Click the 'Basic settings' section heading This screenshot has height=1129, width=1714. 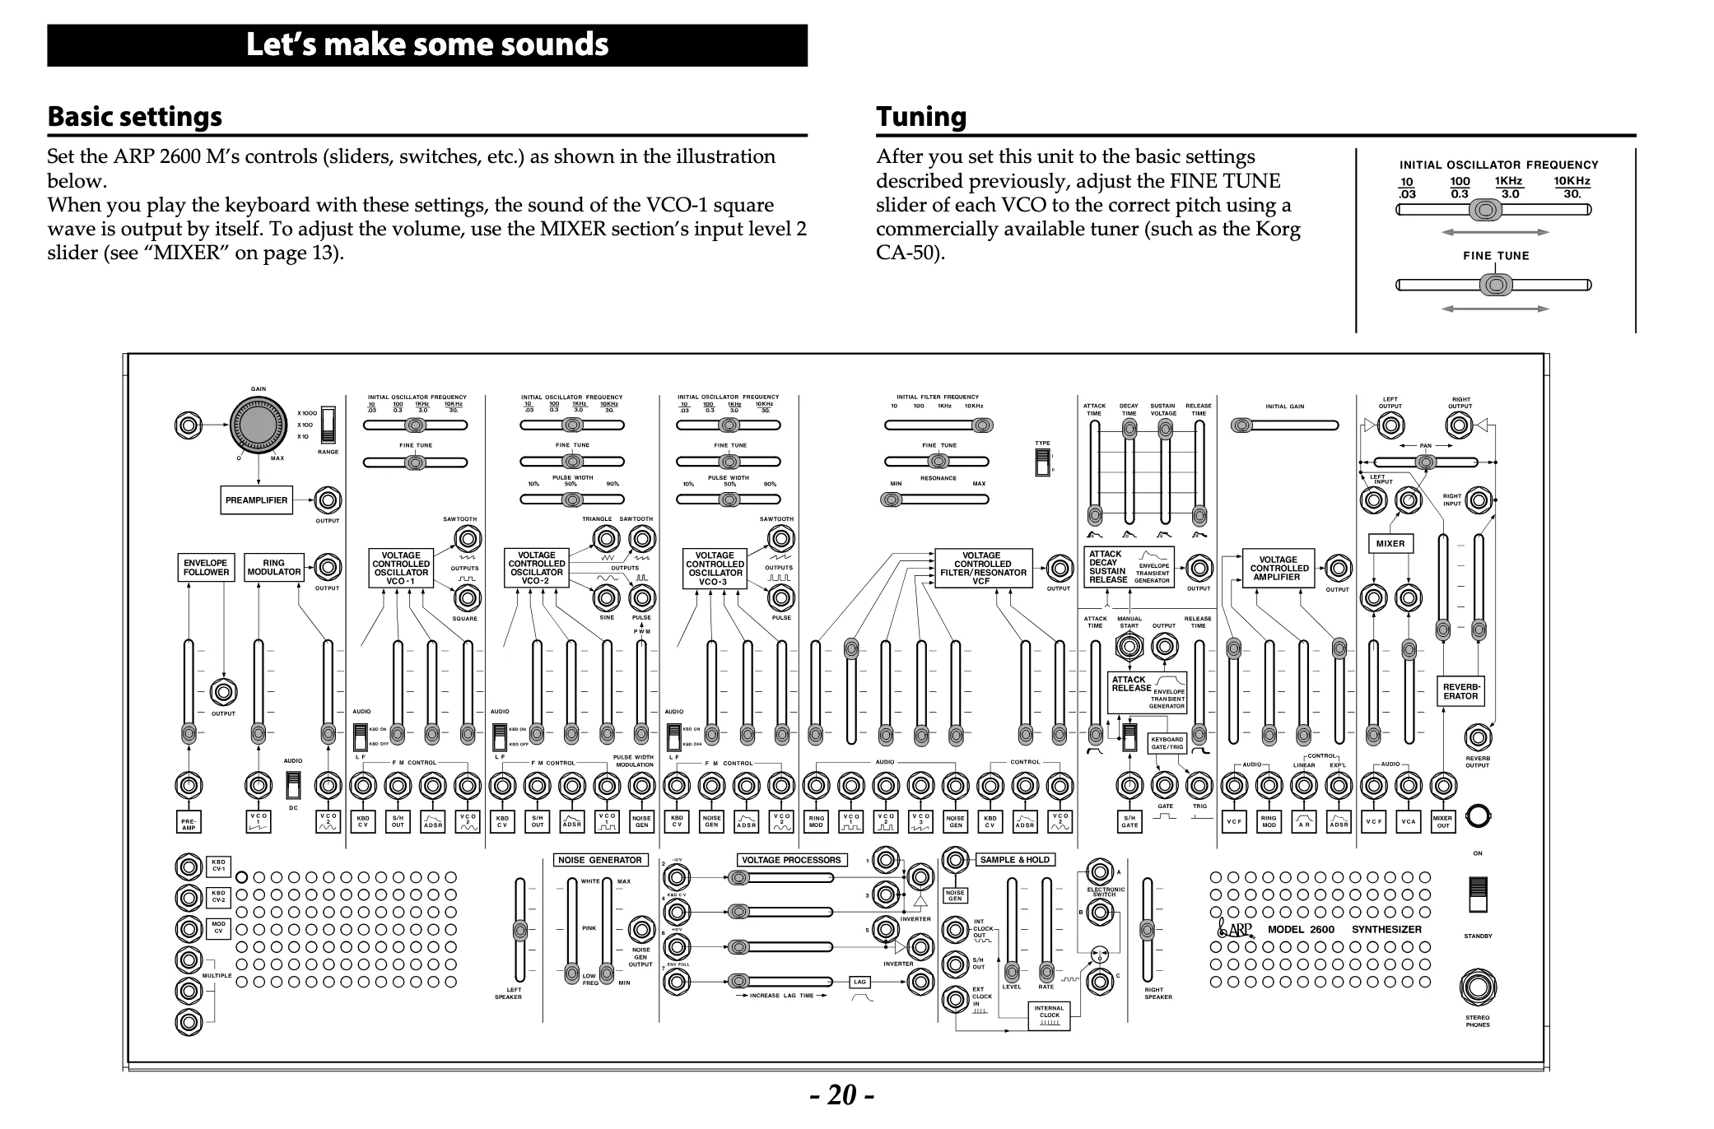click(x=134, y=117)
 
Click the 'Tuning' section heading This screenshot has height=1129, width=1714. click(x=920, y=117)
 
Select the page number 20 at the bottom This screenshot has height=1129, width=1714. click(x=841, y=1095)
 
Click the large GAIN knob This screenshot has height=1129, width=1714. click(x=258, y=425)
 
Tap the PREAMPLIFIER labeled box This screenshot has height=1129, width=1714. click(x=256, y=500)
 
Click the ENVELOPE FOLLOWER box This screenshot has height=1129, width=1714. click(x=206, y=568)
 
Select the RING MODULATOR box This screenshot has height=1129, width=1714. click(x=274, y=568)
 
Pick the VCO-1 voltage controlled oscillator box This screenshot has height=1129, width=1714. click(x=401, y=569)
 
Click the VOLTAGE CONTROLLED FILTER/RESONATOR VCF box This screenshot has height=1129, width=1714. click(x=982, y=569)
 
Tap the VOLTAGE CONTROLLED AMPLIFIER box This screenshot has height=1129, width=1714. click(x=1279, y=569)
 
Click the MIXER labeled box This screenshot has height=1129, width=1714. click(x=1390, y=544)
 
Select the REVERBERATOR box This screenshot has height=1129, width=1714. click(x=1461, y=691)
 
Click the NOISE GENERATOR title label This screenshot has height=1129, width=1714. click(x=599, y=860)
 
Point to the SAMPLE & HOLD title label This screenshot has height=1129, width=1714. click(x=1014, y=860)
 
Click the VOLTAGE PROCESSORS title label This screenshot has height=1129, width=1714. click(x=791, y=860)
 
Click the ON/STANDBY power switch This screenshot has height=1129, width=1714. click(x=1478, y=894)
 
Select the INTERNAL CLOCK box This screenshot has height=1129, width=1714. click(x=1050, y=1015)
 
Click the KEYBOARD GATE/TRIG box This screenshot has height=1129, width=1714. click(x=1167, y=743)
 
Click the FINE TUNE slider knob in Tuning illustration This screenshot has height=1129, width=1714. click(x=1495, y=286)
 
